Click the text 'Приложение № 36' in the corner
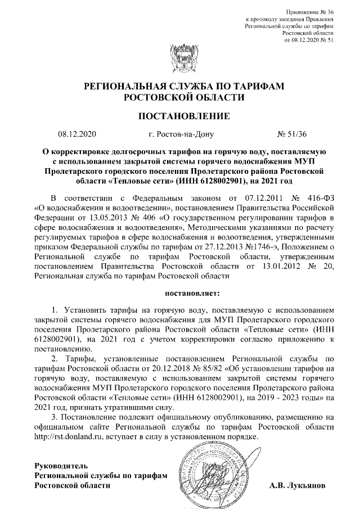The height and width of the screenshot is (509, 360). [310, 11]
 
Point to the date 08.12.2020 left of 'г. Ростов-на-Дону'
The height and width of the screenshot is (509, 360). [78, 135]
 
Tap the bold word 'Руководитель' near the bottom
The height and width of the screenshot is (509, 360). [58, 466]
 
